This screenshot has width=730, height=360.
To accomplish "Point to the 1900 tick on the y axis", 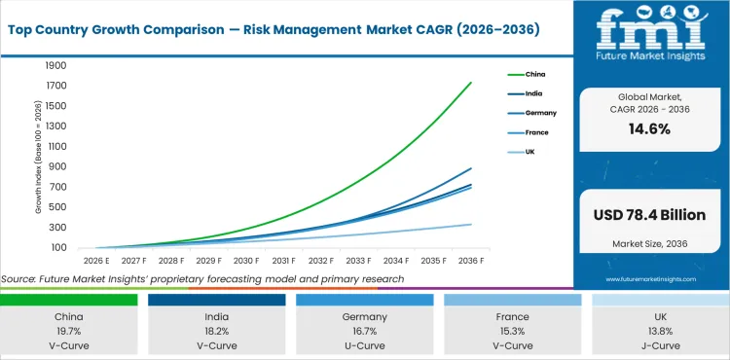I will click(x=55, y=66).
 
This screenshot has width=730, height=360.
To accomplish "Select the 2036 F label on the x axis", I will click(x=471, y=262).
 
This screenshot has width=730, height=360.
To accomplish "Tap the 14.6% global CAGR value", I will click(x=650, y=128).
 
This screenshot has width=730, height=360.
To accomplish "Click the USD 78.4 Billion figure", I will click(x=650, y=213).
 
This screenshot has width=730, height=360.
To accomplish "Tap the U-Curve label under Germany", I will click(x=365, y=344).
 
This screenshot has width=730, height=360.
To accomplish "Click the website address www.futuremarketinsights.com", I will click(x=651, y=279).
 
